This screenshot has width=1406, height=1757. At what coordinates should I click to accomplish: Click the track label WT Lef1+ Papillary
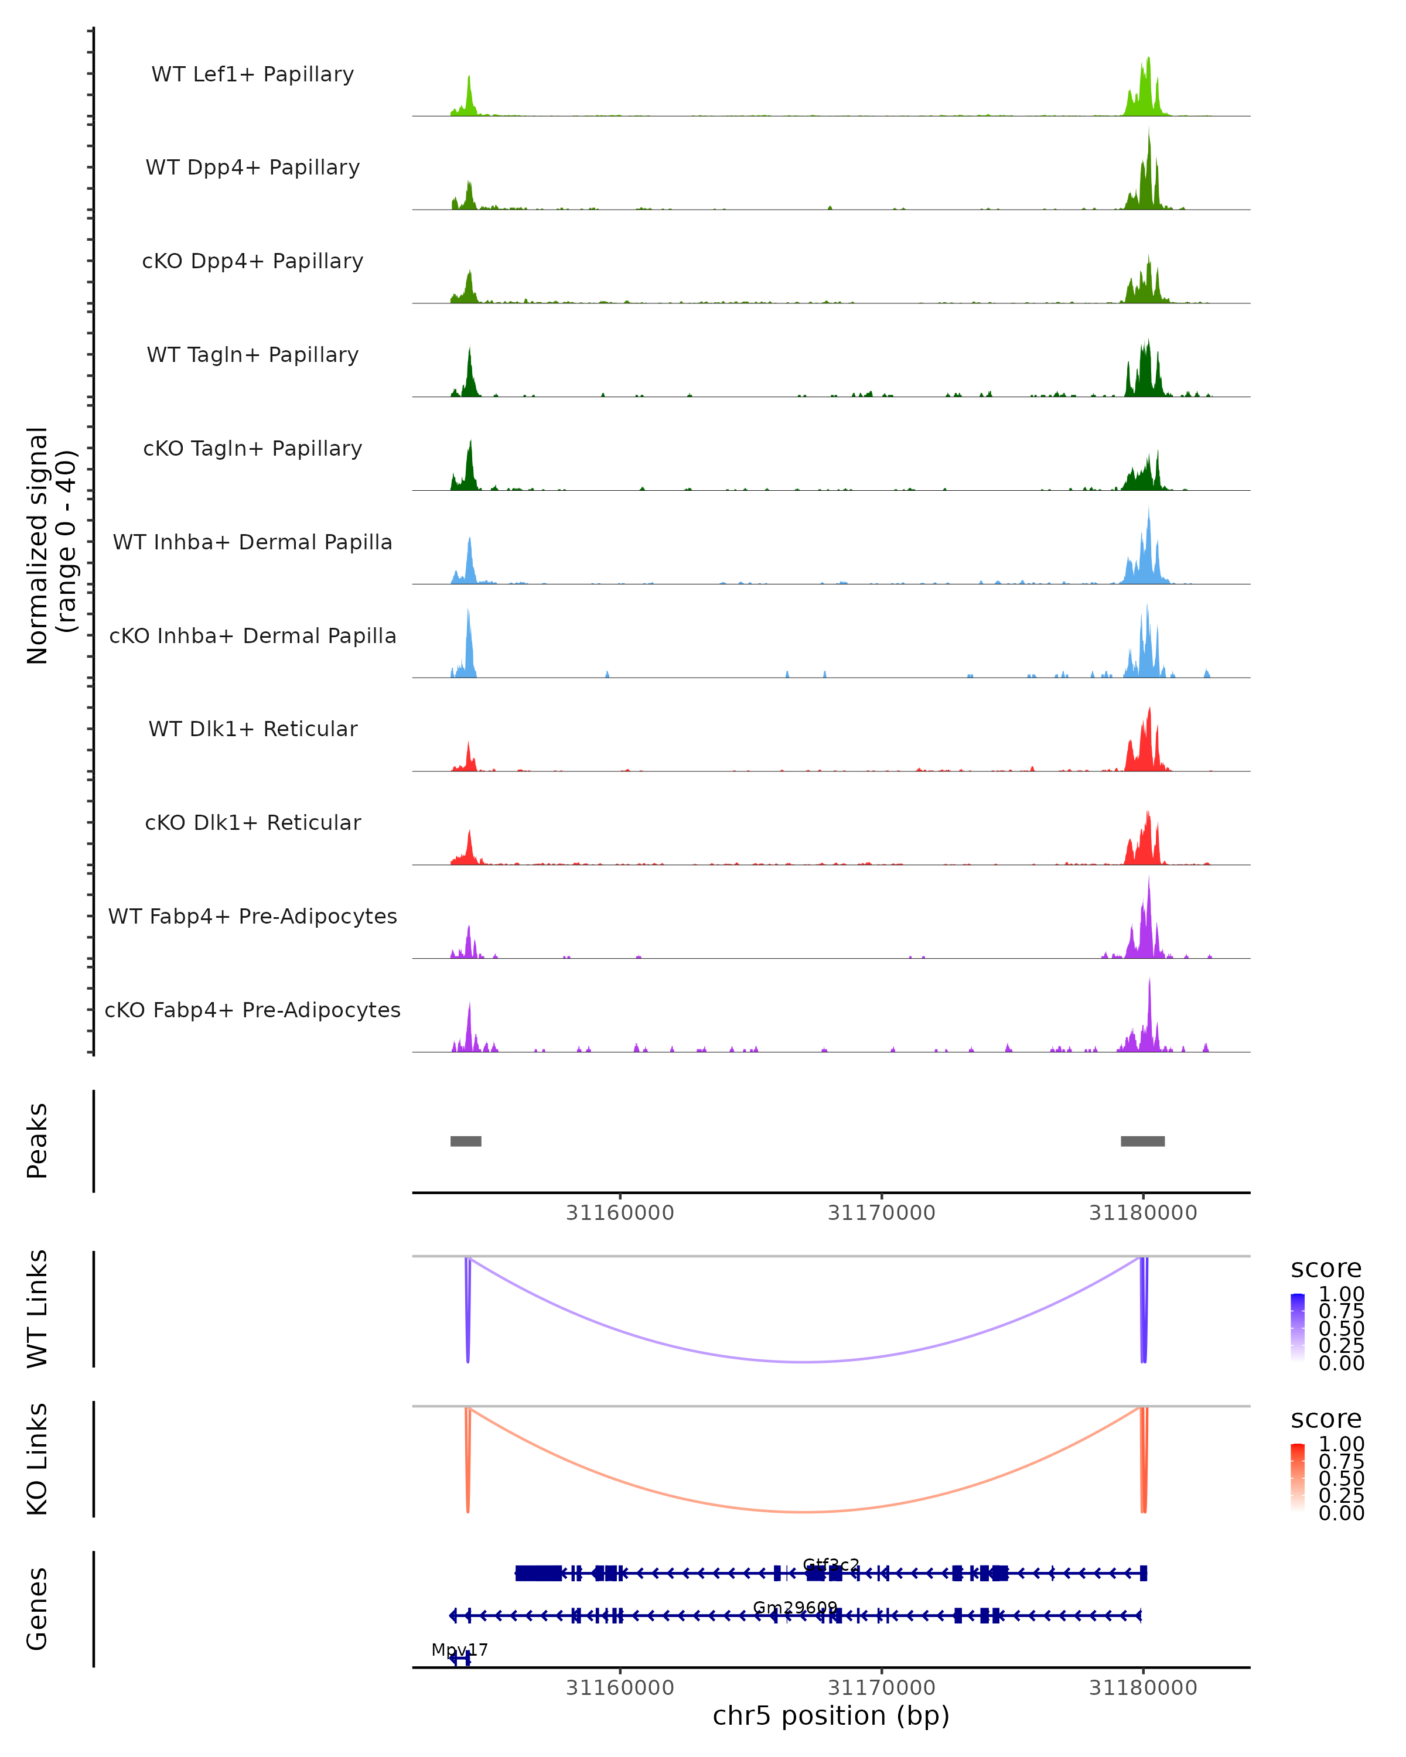coord(252,74)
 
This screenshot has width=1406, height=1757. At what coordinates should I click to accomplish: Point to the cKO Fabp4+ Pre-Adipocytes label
coord(252,1010)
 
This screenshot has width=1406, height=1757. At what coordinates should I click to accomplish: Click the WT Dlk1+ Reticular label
coord(252,729)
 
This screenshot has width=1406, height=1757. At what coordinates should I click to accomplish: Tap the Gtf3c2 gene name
coord(831,1565)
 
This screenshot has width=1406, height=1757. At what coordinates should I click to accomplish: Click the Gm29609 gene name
coord(795,1607)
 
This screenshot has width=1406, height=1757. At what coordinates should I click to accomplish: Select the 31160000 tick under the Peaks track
coord(620,1213)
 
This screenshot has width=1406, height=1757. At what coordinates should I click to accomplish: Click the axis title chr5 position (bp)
coord(831,1715)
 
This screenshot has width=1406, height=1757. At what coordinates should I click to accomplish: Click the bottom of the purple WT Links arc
coord(804,1361)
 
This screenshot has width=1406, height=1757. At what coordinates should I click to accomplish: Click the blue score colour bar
coord(1298,1328)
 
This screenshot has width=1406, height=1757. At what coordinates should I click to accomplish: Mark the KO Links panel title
coord(37,1459)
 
